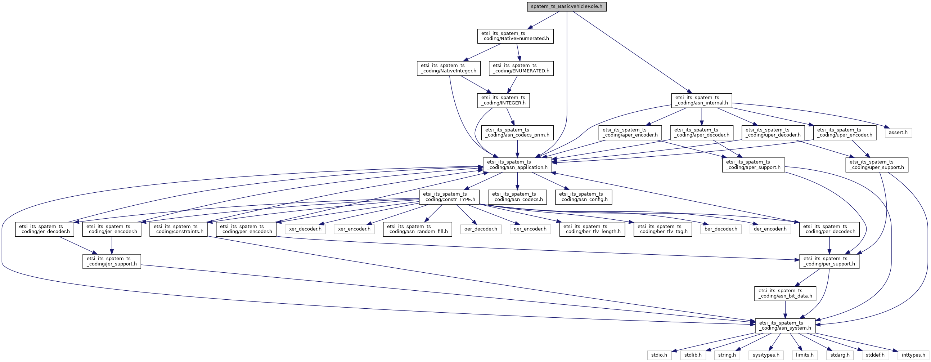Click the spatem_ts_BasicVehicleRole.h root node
pos(566,7)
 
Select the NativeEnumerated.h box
pos(515,36)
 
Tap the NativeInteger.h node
pos(449,68)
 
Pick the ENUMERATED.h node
pos(521,68)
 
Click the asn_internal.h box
pos(702,100)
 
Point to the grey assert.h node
pos(898,133)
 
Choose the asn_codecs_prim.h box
pos(517,133)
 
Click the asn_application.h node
pos(517,165)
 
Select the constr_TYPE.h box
pos(449,197)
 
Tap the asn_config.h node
pos(583,197)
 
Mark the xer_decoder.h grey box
pos(305,229)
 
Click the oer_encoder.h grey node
pos(530,229)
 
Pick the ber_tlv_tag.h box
pos(663,229)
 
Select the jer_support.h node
pos(112,262)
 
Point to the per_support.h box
pos(829,262)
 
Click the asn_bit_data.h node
pos(785,294)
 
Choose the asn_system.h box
pos(785,326)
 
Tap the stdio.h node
pos(659,356)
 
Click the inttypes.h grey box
pos(913,356)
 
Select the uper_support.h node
pos(876,165)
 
